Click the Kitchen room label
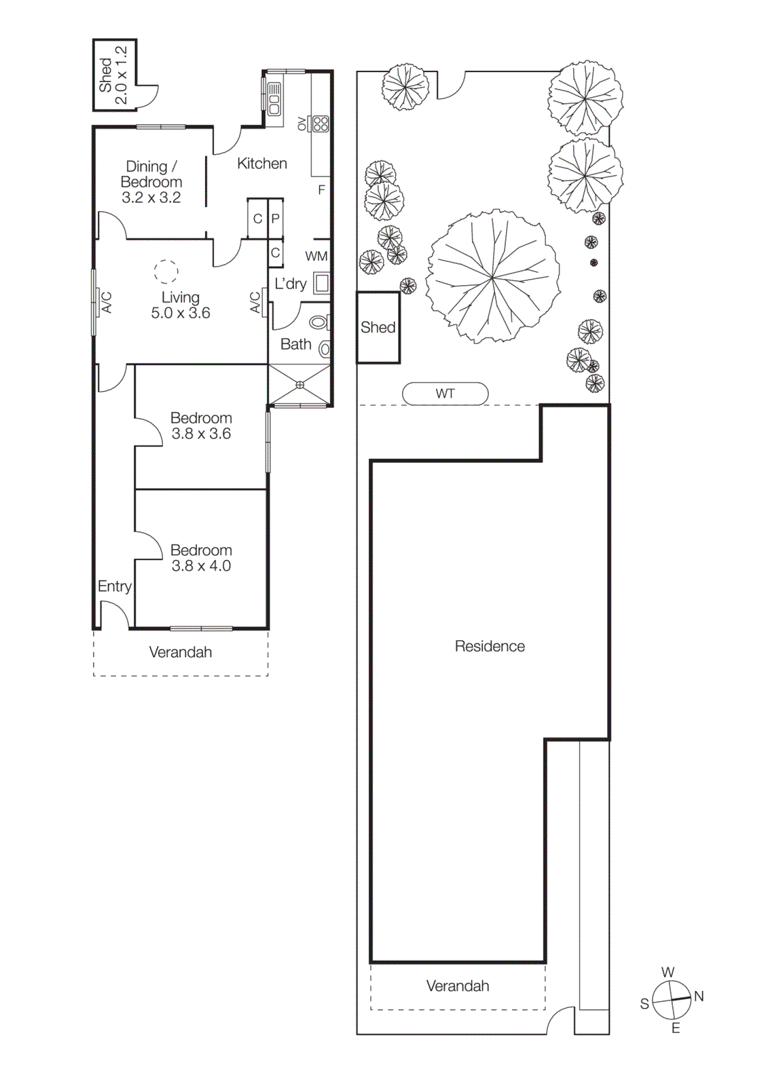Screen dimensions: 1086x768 [261, 164]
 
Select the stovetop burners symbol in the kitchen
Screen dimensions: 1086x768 [321, 124]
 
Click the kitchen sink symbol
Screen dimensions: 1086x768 [274, 99]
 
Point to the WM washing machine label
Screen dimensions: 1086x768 [316, 257]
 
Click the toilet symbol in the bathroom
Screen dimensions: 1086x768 [319, 322]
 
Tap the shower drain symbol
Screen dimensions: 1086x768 [299, 385]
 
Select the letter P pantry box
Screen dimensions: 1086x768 [276, 219]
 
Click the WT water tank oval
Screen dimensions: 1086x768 [445, 394]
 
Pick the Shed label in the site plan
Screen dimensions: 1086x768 [378, 328]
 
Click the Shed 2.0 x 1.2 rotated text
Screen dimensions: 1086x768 [113, 75]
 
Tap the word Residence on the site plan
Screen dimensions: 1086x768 [490, 646]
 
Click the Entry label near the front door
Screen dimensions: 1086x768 [114, 586]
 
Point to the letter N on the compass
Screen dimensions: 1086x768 [699, 996]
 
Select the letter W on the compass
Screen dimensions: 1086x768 [668, 972]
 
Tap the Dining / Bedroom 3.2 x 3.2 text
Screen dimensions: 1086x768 [151, 182]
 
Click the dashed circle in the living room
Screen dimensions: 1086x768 [166, 271]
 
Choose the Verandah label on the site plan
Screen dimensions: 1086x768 [457, 986]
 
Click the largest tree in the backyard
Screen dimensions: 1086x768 [493, 276]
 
